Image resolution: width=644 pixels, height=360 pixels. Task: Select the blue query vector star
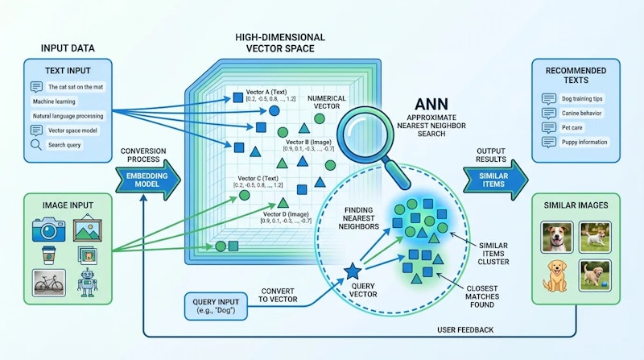tap(352, 272)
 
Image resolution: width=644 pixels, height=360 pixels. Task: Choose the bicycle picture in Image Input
tap(49, 283)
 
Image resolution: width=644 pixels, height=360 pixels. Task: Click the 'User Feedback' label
tap(466, 330)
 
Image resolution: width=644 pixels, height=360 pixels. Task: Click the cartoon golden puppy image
tap(555, 274)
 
